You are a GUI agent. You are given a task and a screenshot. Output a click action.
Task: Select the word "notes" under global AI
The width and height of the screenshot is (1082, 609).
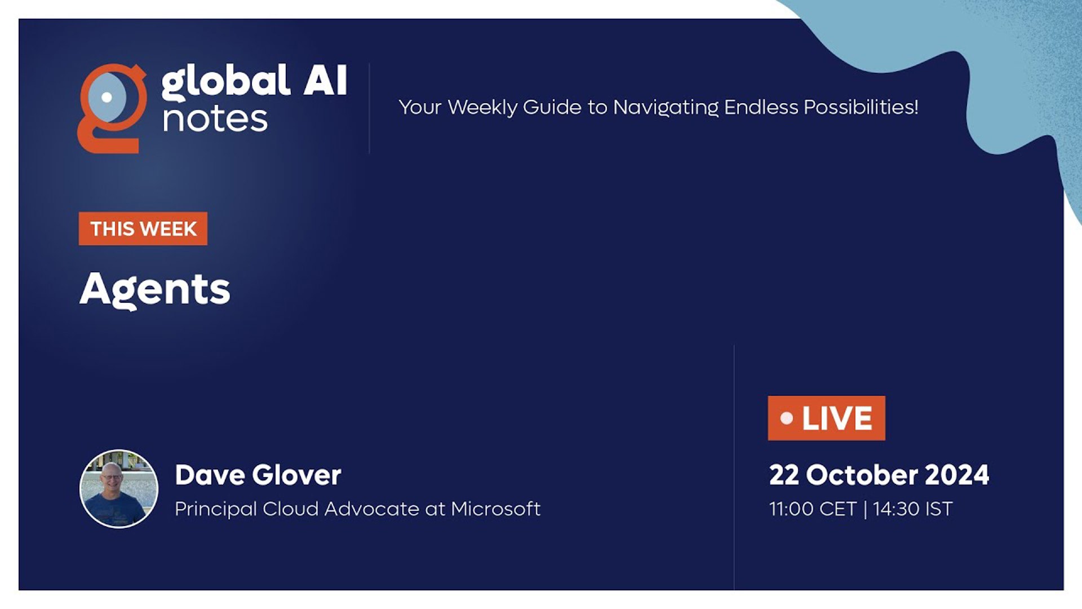point(215,119)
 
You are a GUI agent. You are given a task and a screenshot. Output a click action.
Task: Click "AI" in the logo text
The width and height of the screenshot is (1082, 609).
point(325,80)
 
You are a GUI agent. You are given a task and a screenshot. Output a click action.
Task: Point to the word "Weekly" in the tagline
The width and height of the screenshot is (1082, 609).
point(482,108)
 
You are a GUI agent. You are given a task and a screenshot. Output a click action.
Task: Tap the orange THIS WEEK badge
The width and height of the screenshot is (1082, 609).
point(143,228)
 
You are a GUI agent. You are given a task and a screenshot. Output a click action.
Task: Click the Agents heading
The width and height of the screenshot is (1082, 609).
point(155,290)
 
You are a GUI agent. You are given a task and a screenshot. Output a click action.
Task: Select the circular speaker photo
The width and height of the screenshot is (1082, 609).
point(119,489)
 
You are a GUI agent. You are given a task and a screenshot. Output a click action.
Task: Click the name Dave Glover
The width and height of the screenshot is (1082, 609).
point(258,475)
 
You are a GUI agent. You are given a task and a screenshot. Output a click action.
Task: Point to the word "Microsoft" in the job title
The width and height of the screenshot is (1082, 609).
point(496,509)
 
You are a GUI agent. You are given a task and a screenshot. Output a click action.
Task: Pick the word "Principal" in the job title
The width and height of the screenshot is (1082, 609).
point(216,509)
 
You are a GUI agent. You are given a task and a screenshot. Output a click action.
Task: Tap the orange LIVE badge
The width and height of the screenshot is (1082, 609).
point(826,418)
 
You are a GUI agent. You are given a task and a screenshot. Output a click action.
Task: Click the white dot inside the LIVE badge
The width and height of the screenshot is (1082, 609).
point(787,418)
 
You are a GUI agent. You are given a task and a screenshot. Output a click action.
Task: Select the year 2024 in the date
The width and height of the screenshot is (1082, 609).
point(957,475)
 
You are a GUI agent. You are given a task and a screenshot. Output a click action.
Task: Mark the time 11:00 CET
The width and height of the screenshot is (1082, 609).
point(813,509)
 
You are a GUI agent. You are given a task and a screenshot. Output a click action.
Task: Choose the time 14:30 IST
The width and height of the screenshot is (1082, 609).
point(913,509)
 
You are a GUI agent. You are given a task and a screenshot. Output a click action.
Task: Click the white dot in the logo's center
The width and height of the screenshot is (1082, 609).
point(107,97)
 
